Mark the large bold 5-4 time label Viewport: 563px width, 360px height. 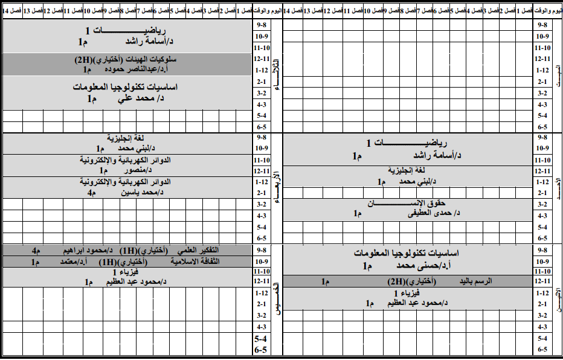(261, 339)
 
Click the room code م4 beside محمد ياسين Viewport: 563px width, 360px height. (91, 193)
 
